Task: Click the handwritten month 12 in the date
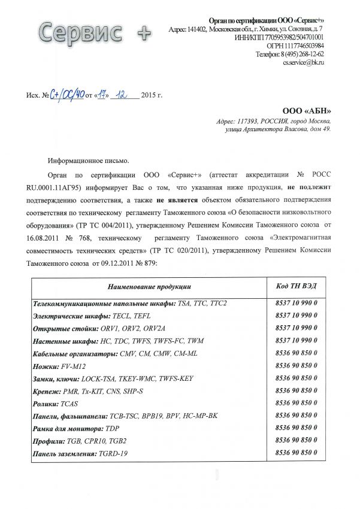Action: click(x=123, y=93)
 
